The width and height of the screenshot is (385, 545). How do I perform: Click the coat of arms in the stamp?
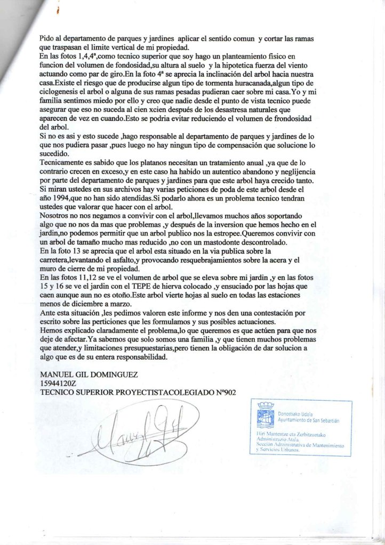click(x=265, y=416)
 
